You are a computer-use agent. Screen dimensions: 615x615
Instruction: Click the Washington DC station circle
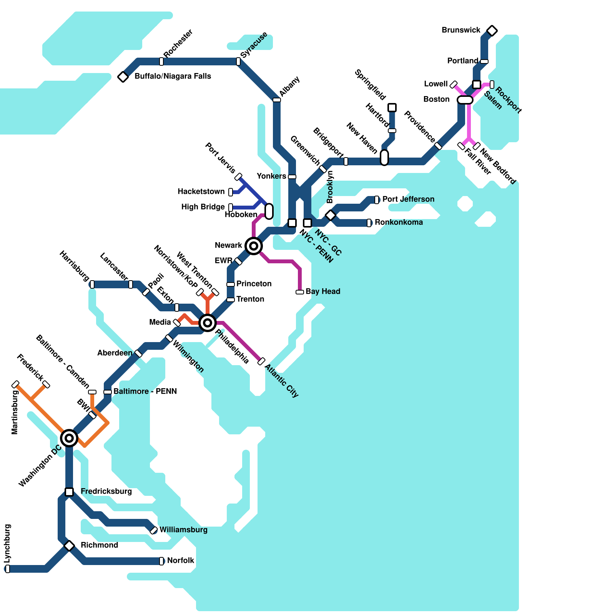69,438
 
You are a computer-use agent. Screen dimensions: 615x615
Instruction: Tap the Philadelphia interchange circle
208,322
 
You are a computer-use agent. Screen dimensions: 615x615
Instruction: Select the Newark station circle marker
254,246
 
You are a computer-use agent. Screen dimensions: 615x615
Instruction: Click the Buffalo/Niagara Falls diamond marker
123,77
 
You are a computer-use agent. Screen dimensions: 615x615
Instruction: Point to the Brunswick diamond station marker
492,31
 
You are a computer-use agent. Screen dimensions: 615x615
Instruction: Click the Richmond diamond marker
69,546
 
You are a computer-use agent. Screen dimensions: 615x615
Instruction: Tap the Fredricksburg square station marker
69,492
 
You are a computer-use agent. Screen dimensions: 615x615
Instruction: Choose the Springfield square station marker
392,108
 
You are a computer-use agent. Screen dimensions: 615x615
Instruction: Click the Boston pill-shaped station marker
465,100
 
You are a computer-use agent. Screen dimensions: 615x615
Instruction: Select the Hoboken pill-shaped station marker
269,211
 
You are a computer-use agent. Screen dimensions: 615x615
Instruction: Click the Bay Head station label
323,291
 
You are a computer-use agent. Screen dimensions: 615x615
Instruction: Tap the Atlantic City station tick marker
261,361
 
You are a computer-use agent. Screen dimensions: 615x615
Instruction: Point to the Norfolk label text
181,560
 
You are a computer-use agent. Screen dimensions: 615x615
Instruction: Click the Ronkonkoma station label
399,222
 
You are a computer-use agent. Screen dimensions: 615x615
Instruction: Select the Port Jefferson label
408,199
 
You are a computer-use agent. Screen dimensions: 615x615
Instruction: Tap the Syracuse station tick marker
238,61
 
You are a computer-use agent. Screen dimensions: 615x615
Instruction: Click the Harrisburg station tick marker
92,284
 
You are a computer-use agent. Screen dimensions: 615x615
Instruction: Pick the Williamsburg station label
183,530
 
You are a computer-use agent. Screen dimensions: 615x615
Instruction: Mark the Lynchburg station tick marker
8,569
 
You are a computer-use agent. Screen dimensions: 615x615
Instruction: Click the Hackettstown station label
201,191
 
